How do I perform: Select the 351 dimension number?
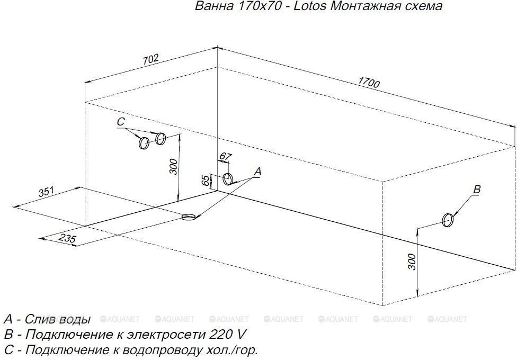coord(46,192)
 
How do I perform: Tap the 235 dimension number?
coord(68,238)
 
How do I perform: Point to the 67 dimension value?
coord(225,157)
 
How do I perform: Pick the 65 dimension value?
coord(205,181)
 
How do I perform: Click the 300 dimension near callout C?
coord(173,166)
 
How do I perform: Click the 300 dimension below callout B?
coord(412,262)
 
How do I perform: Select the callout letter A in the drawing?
coord(257,172)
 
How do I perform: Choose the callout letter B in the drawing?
coord(477,189)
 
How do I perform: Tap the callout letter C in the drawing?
coord(121,122)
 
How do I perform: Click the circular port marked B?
coord(448,220)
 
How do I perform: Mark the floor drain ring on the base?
coord(189,217)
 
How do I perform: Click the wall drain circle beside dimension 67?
coord(228,179)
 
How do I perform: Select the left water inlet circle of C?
coord(144,143)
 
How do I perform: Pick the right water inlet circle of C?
coord(161,139)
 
